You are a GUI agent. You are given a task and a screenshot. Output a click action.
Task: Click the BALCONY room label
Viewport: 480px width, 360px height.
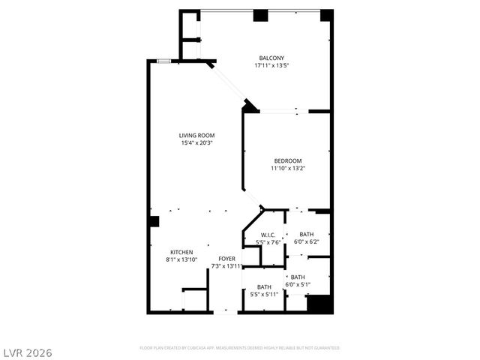coord(271,58)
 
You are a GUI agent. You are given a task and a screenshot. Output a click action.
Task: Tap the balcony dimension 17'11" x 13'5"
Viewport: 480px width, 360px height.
coord(271,65)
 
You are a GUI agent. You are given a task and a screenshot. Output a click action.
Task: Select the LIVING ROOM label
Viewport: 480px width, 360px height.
coord(196,136)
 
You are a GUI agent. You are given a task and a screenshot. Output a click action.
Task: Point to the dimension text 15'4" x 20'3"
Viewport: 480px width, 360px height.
coord(196,143)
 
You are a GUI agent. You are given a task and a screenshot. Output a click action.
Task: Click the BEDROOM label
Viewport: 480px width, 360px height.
coord(287,160)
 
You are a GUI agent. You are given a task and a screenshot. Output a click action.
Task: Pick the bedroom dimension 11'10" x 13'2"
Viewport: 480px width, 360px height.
coord(288,168)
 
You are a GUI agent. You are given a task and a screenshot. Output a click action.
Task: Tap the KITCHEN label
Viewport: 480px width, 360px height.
coord(181,252)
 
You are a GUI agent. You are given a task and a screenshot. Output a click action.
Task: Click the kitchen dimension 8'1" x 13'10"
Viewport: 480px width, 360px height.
coord(181,259)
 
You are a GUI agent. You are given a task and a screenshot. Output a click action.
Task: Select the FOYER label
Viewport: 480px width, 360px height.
coord(226,259)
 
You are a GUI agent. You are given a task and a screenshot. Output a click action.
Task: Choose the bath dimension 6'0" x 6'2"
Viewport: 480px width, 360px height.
coord(306,241)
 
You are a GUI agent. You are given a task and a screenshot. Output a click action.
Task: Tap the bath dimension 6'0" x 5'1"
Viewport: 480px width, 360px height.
coord(298,284)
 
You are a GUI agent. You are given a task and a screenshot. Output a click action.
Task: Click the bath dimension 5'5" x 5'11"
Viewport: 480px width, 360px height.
coord(264,294)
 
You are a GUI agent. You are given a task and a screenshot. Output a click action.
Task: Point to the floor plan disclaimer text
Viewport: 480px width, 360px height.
coord(240,348)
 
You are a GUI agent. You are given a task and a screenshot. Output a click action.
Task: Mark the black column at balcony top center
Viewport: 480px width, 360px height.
coord(260,15)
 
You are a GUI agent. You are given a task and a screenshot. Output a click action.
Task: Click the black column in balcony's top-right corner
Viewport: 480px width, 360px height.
coord(325,15)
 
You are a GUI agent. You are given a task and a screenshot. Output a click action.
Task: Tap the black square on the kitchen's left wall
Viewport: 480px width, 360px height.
coord(153,221)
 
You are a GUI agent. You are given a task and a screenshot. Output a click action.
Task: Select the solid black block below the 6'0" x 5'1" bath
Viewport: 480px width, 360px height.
coord(319,304)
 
